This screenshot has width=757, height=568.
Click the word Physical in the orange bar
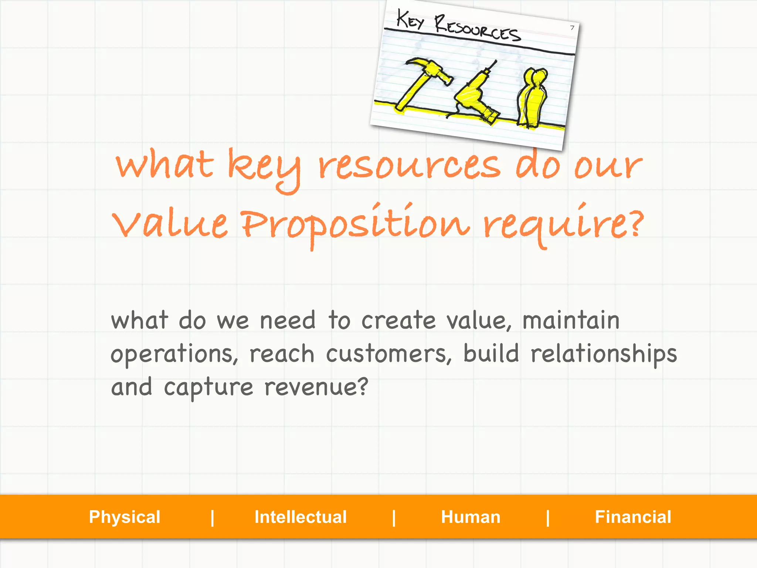pos(125,517)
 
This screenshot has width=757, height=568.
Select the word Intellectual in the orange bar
pos(301,517)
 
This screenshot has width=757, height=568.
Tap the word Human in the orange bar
pos(471,517)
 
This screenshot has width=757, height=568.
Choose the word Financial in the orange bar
pos(633,517)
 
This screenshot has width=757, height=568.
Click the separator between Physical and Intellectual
pos(213,517)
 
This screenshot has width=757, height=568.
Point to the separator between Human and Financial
pos(548,517)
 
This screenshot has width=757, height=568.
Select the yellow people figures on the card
pos(532,98)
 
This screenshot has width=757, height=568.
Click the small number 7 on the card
pos(572,28)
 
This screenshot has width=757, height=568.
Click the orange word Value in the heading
pos(170,223)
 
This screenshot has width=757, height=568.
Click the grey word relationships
pos(604,354)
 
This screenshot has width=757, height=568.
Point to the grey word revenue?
pos(316,387)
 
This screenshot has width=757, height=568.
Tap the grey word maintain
pos(571,320)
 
